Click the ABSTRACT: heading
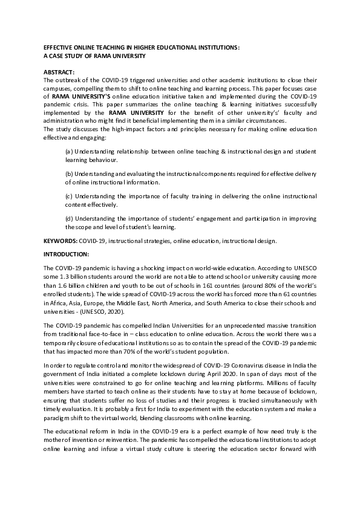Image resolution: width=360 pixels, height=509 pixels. tap(59, 72)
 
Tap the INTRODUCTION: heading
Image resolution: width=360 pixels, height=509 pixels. tap(67, 254)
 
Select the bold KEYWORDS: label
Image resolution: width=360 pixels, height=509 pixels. tap(61, 241)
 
